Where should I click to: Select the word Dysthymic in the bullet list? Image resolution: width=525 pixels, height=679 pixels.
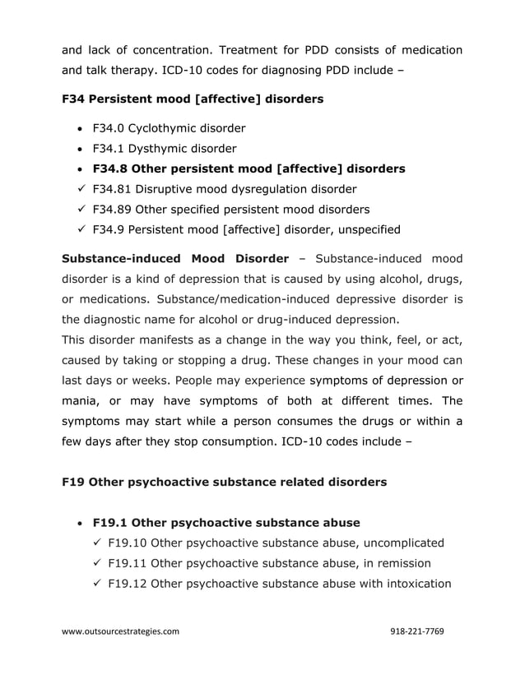click(x=156, y=149)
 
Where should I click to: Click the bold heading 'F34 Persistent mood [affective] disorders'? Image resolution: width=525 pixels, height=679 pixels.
click(x=193, y=99)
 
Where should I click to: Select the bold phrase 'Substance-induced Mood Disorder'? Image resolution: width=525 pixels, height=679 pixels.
click(x=175, y=260)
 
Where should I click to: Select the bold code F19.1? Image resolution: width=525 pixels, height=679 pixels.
click(x=109, y=522)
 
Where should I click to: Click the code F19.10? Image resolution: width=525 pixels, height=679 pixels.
click(x=128, y=543)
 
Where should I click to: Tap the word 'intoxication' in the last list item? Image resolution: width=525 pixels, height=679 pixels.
click(x=413, y=584)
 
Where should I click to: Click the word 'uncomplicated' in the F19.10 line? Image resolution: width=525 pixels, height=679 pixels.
click(x=399, y=543)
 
